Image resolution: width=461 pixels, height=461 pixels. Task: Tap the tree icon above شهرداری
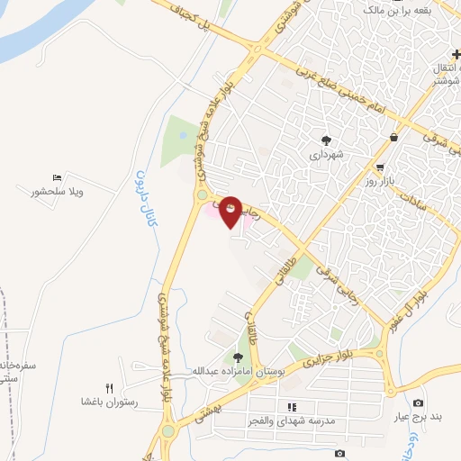coord(325,140)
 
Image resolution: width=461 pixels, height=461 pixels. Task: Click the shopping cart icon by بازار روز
coord(380,167)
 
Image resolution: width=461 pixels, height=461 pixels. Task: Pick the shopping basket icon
coord(394,137)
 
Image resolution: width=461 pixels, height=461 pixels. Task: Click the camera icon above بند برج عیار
coord(417,402)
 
